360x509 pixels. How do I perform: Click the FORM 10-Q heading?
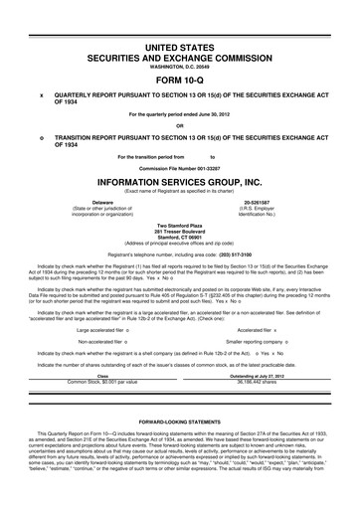(x=179, y=81)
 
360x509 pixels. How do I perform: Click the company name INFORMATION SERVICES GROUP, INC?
(x=179, y=183)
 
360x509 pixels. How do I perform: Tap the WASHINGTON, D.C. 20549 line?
(x=179, y=66)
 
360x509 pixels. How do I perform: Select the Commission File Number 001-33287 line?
(x=179, y=168)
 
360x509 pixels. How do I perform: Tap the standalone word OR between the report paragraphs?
(x=179, y=125)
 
